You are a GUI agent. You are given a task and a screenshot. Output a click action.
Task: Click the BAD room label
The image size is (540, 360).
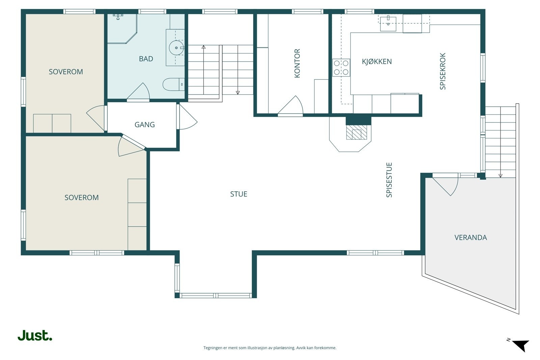(146, 59)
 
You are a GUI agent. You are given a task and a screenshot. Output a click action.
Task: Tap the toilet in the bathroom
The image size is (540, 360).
(173, 84)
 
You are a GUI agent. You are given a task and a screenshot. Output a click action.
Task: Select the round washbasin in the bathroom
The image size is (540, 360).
(176, 48)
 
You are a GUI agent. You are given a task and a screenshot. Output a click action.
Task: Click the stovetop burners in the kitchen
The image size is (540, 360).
(341, 67)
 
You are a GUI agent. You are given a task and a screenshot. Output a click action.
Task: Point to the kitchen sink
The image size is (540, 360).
(388, 24)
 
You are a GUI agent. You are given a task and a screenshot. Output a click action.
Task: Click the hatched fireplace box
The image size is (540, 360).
(356, 132)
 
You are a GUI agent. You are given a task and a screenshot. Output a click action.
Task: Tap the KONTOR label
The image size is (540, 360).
(297, 63)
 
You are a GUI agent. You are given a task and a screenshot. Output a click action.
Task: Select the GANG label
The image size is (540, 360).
(145, 124)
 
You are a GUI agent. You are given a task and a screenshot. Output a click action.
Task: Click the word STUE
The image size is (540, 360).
(239, 194)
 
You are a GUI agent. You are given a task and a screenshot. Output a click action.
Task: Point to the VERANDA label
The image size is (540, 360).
(470, 238)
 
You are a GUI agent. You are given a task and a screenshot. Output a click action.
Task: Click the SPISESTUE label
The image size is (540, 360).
(389, 180)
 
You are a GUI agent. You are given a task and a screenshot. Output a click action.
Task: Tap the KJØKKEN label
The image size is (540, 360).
(377, 62)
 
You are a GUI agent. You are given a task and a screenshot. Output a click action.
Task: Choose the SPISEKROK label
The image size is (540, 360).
(442, 71)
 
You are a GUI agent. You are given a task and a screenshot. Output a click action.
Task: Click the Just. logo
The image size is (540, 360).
(35, 335)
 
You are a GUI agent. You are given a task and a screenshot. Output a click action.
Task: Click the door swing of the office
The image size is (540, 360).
(291, 105)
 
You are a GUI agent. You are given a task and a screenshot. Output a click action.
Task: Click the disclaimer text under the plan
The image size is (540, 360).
(270, 348)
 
